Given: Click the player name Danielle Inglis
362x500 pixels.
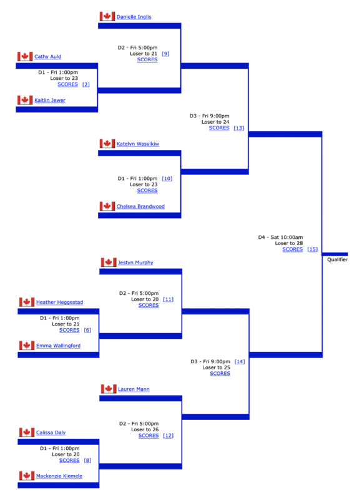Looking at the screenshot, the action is tap(134, 17).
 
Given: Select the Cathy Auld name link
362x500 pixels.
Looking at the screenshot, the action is tap(47, 57).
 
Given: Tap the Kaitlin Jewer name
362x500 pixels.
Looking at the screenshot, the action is tap(50, 100).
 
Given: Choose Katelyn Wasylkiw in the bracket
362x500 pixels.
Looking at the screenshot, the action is tap(137, 144).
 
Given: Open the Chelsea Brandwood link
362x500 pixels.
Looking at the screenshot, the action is tap(140, 206).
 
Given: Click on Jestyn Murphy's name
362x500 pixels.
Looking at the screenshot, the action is tap(135, 262).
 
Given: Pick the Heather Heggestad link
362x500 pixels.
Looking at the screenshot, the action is tap(59, 302).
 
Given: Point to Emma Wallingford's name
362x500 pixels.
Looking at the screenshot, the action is tap(58, 346).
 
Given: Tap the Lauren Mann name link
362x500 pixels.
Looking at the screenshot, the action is tap(134, 389).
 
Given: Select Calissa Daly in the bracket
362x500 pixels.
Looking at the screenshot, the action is tap(51, 432).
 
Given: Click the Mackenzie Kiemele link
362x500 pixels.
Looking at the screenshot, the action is tap(59, 476).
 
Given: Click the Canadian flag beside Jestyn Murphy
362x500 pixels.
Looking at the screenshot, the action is tap(109, 262).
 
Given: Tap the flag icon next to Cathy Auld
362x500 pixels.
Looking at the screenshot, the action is tap(25, 56).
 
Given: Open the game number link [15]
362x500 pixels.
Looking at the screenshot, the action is tap(312, 249).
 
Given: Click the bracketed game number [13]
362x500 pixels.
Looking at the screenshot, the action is tap(239, 128).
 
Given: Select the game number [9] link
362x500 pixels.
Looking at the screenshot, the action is tap(165, 54).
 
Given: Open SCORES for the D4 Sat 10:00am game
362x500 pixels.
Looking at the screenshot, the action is tap(293, 249).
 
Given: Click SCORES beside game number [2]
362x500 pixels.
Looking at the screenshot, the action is tap(67, 84).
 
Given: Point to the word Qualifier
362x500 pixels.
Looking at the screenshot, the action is tap(338, 259).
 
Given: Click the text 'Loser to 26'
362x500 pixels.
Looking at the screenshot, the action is tap(145, 429).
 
